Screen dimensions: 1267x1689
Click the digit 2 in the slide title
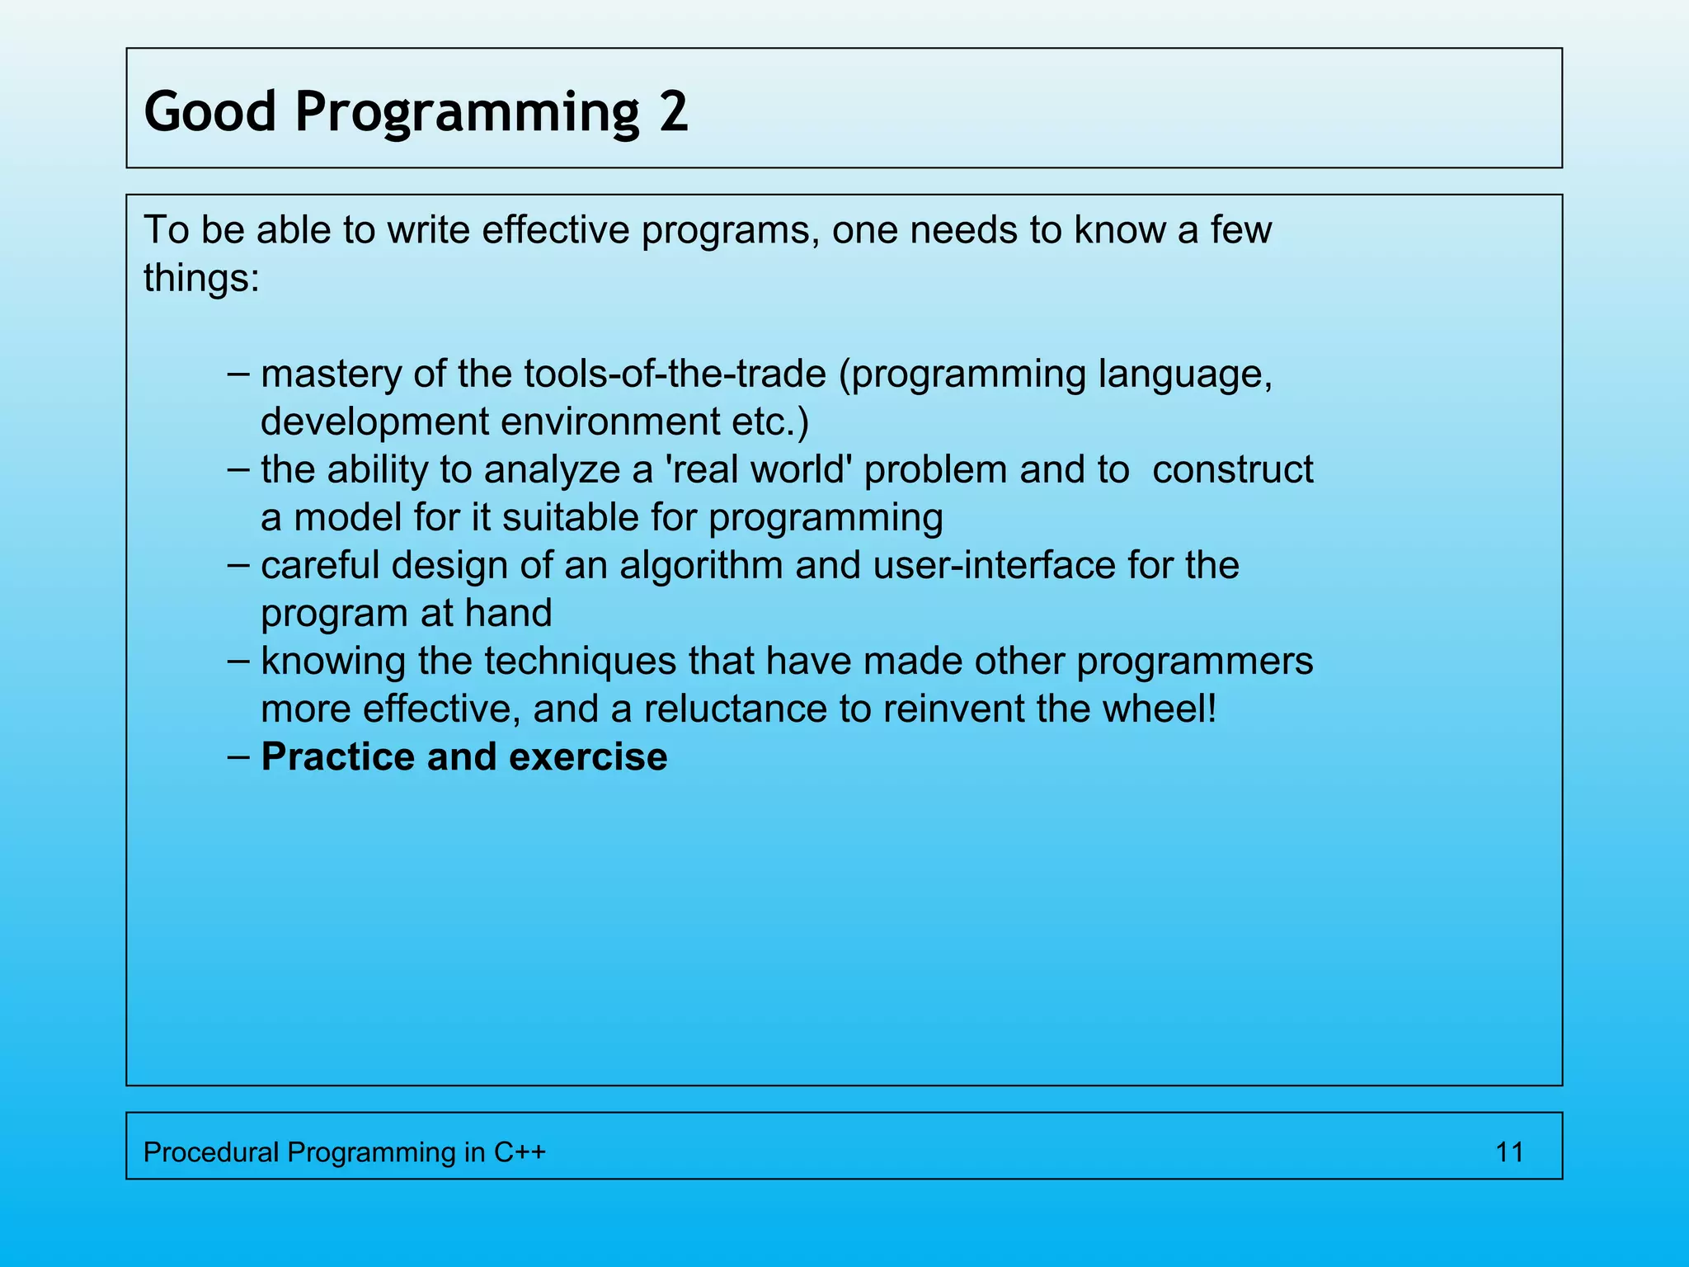(673, 111)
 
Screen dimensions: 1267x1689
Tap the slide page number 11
(1509, 1152)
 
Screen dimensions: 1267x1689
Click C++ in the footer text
(520, 1152)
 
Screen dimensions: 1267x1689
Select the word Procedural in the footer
(211, 1152)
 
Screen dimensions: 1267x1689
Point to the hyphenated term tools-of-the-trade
(675, 374)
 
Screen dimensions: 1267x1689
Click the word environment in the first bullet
(609, 422)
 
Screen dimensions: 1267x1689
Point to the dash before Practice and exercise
(238, 757)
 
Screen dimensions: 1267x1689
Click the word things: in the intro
(201, 278)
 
